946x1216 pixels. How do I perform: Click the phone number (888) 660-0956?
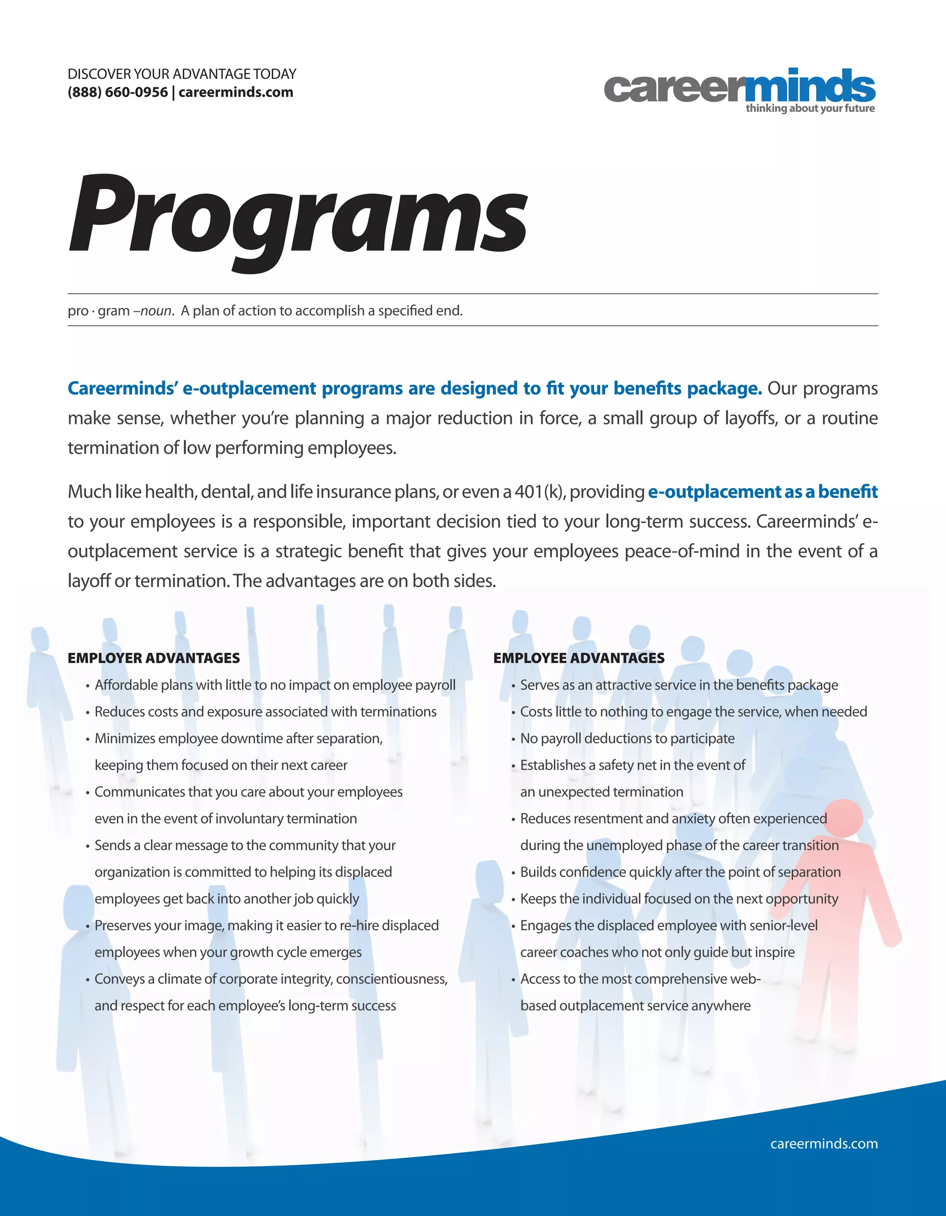[117, 92]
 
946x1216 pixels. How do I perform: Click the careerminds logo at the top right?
[739, 88]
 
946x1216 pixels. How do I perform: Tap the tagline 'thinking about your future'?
[810, 109]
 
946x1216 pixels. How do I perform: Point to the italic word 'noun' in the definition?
[156, 311]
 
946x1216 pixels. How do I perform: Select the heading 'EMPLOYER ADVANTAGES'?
[154, 658]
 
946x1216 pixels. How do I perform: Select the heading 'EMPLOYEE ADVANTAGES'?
[578, 658]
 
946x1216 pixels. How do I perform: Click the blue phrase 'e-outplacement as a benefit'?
[762, 492]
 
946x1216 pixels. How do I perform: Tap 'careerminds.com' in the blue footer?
[824, 1143]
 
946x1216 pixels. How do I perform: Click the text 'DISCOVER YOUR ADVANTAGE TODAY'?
[182, 74]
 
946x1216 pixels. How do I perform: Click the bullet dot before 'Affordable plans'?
[87, 686]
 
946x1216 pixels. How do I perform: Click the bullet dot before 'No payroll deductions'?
[513, 739]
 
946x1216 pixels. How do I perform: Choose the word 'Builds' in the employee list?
[538, 872]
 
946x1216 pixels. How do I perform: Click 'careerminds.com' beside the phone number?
[236, 92]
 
